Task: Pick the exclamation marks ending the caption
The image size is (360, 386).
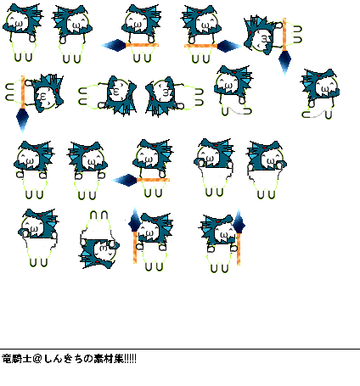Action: tap(130, 359)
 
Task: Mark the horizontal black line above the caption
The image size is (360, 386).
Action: tap(180, 350)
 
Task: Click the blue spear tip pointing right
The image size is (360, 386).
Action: tap(229, 46)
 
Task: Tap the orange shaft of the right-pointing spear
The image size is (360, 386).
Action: tap(201, 46)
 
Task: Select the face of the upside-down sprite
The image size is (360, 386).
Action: tap(104, 249)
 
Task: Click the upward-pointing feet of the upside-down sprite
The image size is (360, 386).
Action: tap(99, 215)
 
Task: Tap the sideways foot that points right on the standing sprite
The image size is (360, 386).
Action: tap(247, 111)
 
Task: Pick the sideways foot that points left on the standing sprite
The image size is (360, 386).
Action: tap(307, 115)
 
